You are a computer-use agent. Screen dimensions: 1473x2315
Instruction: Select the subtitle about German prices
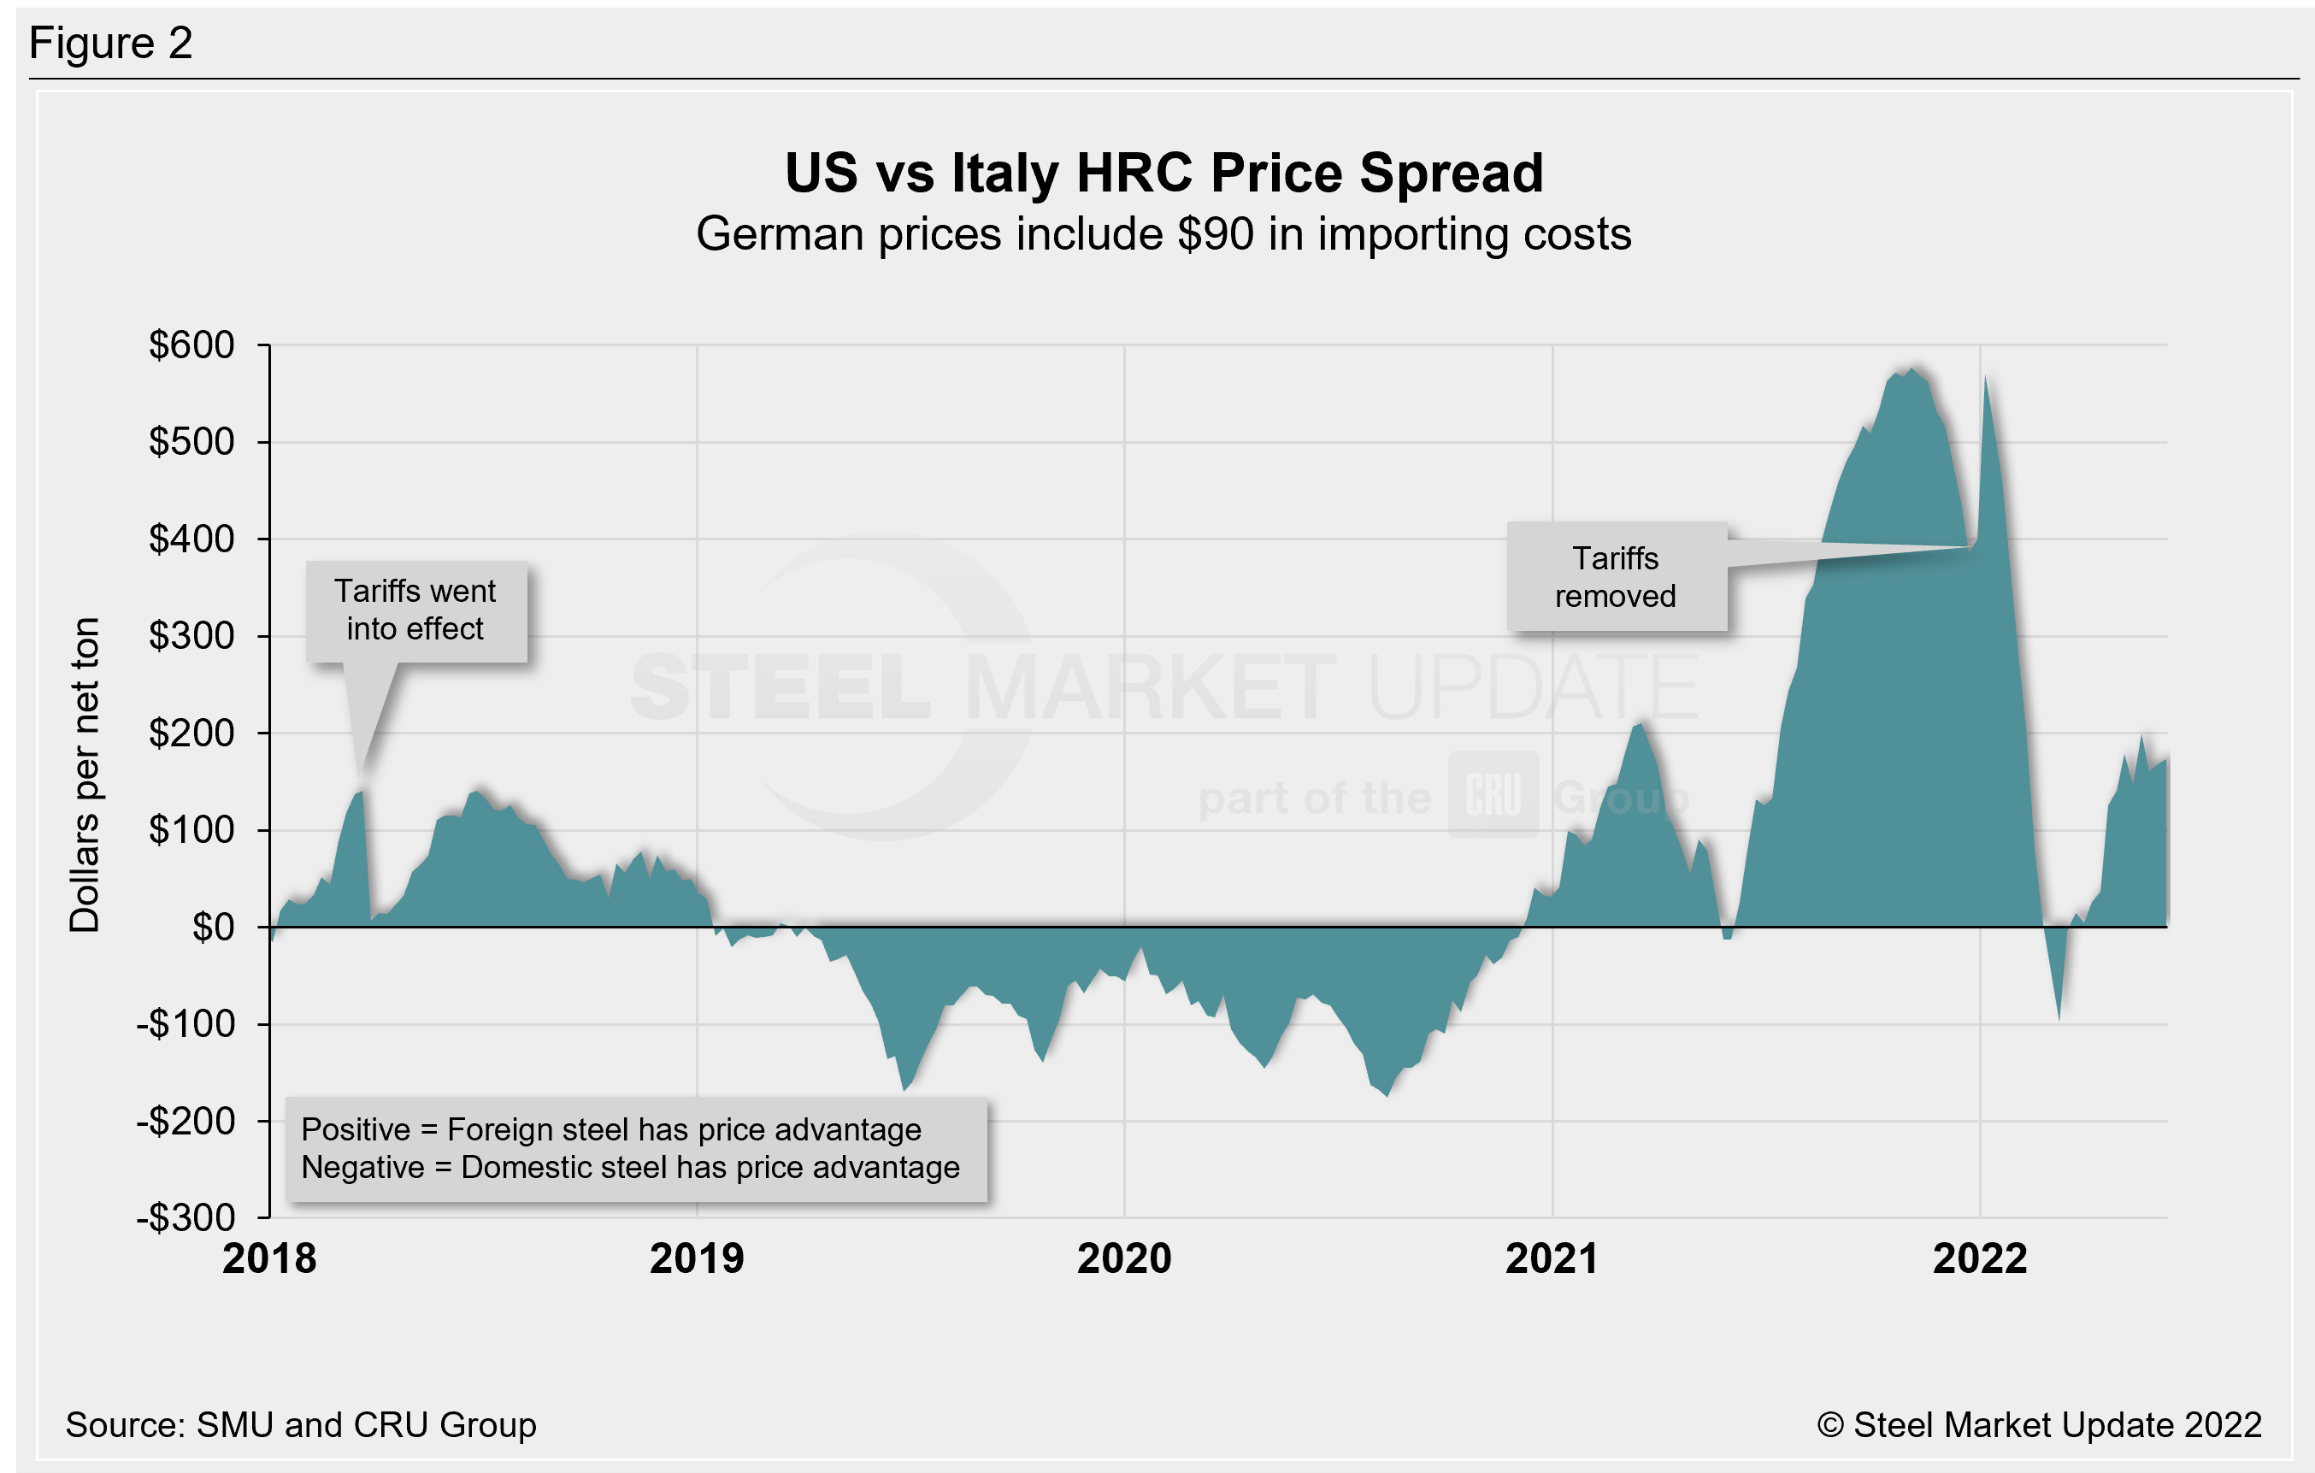click(1163, 234)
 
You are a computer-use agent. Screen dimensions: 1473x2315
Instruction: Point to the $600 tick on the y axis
click(191, 345)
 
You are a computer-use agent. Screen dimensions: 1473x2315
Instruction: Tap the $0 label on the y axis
click(213, 928)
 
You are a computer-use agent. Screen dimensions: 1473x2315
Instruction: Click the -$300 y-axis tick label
click(186, 1218)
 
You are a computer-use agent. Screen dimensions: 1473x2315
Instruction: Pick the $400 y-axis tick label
click(191, 539)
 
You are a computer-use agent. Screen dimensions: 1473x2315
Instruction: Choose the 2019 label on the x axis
click(697, 1258)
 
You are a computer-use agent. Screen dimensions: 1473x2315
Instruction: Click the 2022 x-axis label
click(1980, 1258)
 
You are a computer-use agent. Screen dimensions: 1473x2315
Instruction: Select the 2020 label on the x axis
click(1124, 1258)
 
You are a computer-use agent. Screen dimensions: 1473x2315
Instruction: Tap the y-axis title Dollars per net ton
click(85, 775)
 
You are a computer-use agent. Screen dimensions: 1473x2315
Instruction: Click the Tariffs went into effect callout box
click(415, 610)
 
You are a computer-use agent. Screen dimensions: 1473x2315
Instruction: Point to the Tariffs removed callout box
click(1615, 577)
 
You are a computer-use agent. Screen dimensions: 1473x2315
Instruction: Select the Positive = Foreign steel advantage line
click(611, 1129)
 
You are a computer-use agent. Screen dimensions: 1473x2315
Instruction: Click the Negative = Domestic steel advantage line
click(631, 1167)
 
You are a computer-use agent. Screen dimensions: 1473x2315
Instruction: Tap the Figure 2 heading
click(110, 44)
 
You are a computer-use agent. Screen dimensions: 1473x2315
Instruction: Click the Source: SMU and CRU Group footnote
click(301, 1425)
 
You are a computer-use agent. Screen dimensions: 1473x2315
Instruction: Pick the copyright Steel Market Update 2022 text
click(2038, 1425)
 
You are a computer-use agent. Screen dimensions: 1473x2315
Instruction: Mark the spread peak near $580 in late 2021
click(1912, 368)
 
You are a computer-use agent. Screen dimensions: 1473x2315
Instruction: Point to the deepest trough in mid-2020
click(1387, 1096)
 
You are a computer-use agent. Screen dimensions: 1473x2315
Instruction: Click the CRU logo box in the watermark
click(1493, 795)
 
